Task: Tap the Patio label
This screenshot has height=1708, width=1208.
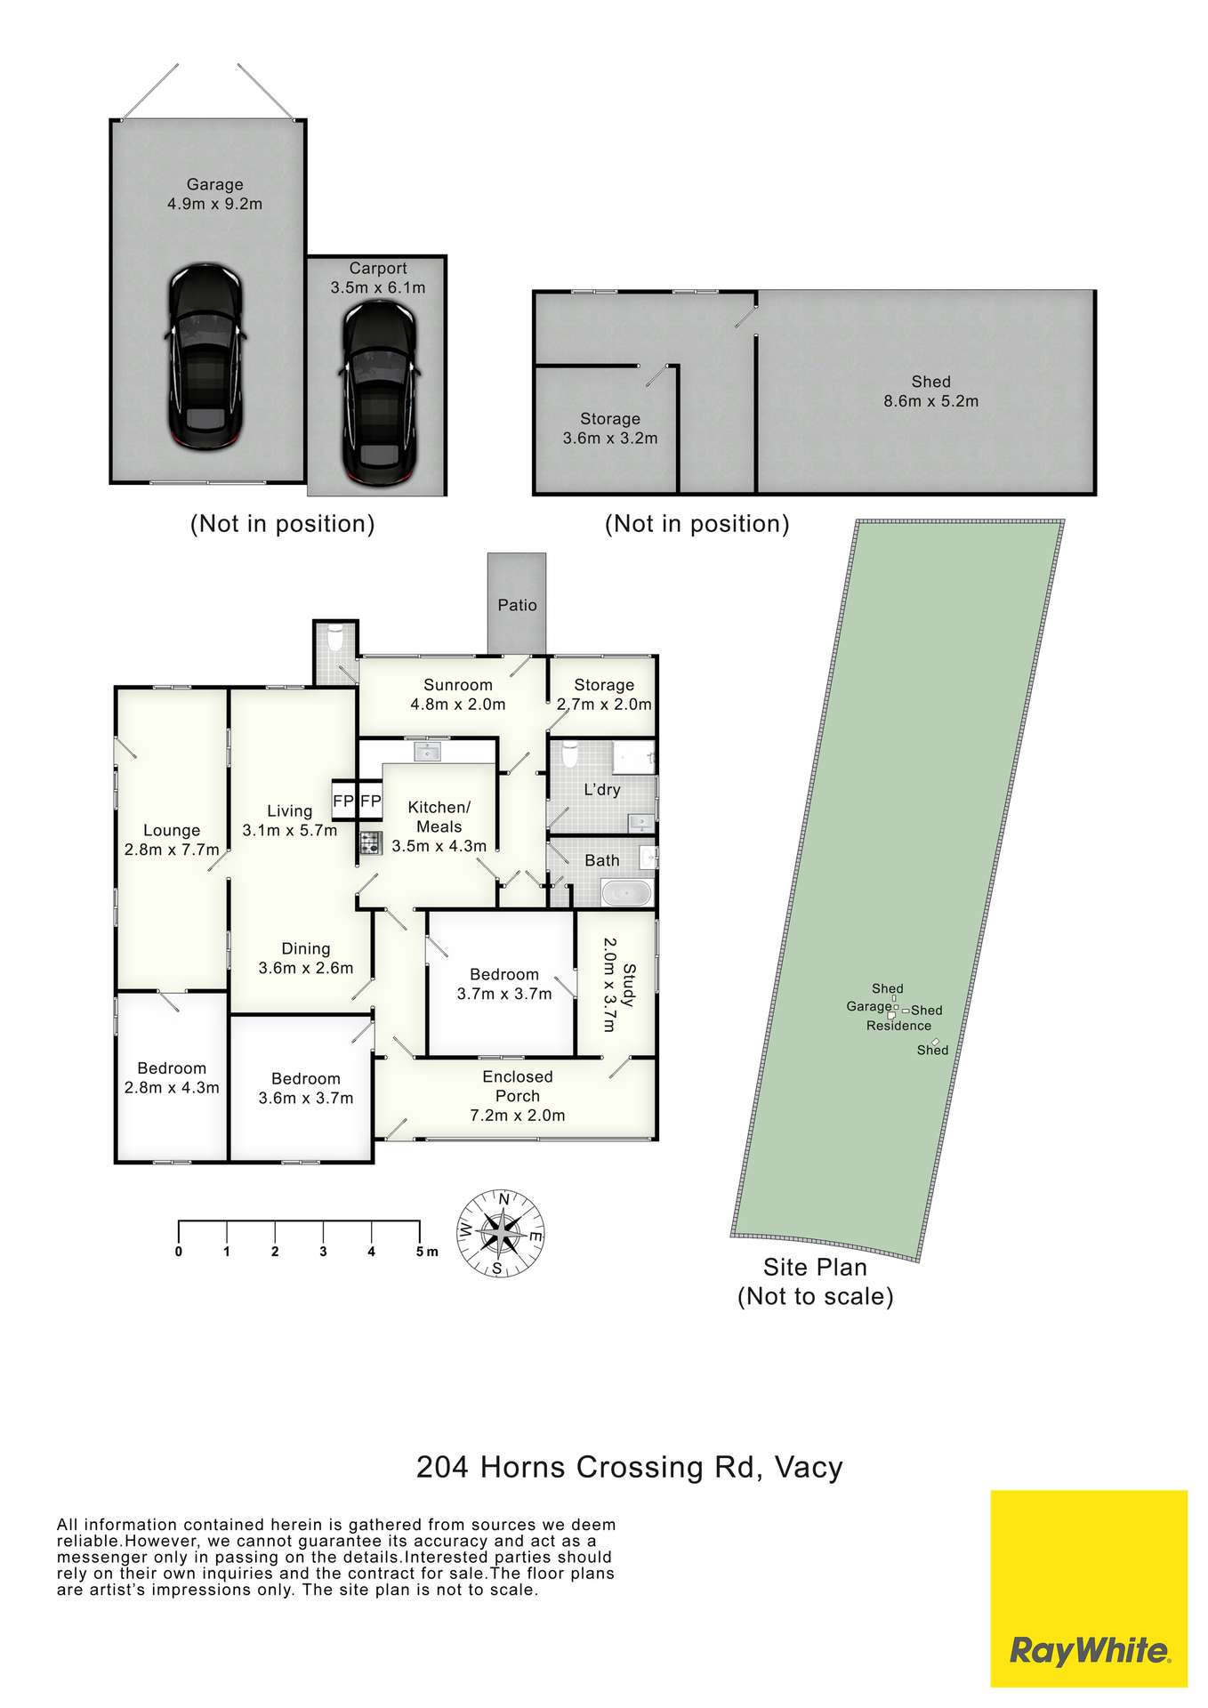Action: (517, 605)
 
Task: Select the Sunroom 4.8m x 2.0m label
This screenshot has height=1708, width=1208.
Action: (458, 695)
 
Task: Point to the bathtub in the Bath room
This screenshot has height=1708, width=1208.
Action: (627, 892)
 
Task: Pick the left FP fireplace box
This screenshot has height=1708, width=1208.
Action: (343, 801)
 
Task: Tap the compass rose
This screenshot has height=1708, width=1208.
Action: (503, 1233)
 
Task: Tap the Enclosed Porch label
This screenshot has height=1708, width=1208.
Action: (518, 1086)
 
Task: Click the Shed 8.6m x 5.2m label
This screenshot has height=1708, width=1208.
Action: (930, 391)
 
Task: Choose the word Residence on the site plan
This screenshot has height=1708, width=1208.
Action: (898, 1026)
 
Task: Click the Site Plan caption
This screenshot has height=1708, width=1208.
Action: (815, 1281)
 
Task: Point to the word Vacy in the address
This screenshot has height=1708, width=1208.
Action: (809, 1467)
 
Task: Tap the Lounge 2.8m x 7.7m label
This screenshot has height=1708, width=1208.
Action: (172, 841)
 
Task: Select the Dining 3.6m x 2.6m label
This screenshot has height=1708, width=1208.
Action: (306, 958)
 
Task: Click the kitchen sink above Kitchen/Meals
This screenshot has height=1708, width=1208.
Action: (429, 752)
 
